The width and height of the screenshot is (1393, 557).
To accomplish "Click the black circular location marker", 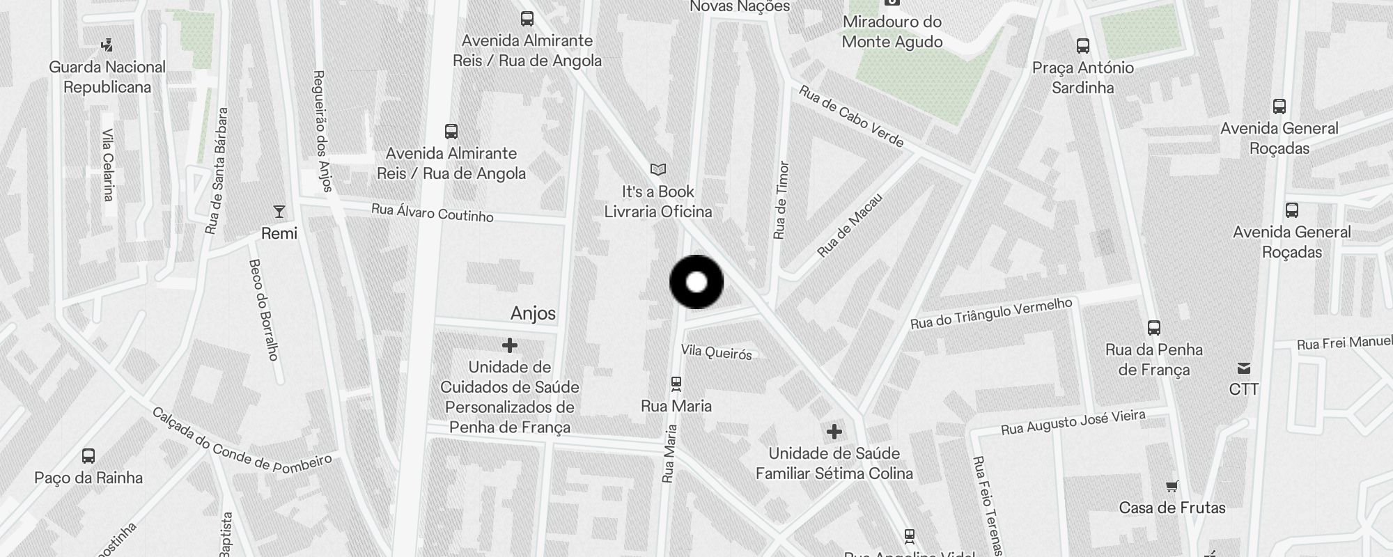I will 696,282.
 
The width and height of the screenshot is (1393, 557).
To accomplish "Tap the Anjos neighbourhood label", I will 533,313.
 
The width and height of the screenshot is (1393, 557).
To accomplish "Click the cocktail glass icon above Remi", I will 279,211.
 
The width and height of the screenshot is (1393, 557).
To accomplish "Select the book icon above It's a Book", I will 658,169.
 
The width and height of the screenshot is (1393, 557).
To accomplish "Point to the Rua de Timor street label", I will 781,201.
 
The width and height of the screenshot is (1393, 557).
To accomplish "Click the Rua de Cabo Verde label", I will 851,117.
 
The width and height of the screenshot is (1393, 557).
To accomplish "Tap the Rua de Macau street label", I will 850,225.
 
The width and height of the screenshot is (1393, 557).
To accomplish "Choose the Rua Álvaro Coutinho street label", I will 433,212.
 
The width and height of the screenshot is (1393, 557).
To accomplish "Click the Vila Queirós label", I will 717,352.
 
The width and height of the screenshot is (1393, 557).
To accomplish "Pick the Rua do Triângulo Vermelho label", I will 991,313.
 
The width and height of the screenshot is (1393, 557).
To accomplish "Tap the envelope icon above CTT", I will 1244,368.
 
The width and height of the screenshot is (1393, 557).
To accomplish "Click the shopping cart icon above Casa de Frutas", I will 1172,487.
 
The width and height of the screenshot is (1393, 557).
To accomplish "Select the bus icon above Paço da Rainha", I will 88,456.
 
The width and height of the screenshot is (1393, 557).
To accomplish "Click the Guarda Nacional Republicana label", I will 107,77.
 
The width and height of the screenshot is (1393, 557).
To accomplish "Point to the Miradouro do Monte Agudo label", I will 892,31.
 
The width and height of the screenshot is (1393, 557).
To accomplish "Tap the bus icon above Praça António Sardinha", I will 1083,46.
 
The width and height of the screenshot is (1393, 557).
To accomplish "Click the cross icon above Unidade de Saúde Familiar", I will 834,432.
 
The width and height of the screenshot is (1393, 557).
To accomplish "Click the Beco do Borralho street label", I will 263,310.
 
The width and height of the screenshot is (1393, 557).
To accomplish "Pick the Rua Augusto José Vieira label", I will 1073,422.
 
